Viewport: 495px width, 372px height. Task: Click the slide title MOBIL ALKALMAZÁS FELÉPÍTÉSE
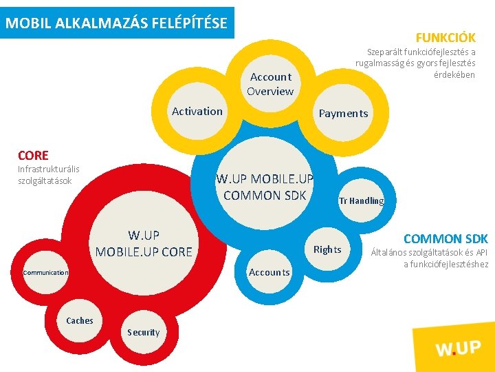coord(117,23)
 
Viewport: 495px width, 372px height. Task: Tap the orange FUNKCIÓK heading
coord(445,37)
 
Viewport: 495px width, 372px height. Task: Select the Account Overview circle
coord(270,84)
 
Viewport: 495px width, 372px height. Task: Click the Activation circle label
coord(197,111)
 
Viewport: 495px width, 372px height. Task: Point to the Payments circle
coord(343,114)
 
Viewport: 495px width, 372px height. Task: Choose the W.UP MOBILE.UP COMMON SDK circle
coord(265,187)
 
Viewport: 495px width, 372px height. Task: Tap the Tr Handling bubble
coord(361,201)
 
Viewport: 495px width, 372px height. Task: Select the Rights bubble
coord(327,249)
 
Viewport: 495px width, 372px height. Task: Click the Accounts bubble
coord(269,272)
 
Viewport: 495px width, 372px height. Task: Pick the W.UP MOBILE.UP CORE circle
coord(144,244)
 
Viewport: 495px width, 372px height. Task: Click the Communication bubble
coord(46,273)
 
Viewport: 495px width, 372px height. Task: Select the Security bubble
coord(143,332)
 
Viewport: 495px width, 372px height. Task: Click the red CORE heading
coord(33,155)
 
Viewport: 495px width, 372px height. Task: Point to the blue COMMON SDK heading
coord(445,239)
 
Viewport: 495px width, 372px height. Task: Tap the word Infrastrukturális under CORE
coord(49,169)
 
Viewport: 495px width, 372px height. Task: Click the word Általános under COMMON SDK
coord(390,252)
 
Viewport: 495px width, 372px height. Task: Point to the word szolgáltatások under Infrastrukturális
coord(45,180)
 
